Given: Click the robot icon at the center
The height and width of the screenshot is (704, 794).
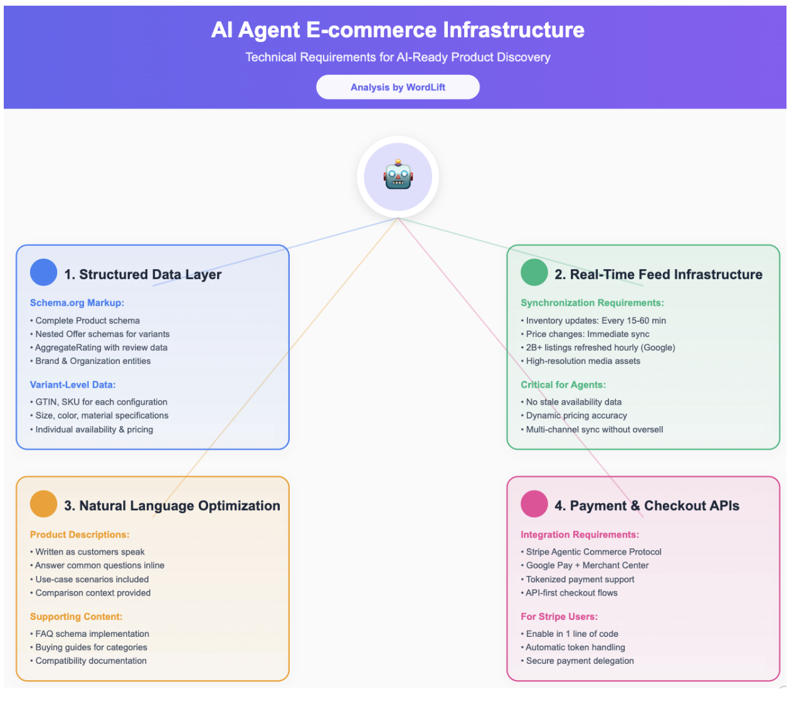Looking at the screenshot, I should point(398,176).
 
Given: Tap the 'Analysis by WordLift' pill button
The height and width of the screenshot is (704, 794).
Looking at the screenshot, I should point(398,87).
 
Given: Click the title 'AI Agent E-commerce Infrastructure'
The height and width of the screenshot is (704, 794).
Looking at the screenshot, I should point(398,29).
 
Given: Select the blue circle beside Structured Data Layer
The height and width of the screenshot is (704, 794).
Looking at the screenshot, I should point(43,273).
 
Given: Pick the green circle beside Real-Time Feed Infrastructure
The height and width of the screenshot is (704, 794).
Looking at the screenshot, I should point(534,273).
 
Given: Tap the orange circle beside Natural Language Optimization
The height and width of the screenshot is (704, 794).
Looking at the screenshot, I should point(43,504).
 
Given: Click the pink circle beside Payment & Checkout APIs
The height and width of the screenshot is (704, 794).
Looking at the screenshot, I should point(534,504).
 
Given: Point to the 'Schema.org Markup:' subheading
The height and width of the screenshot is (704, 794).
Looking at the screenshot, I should point(77,302).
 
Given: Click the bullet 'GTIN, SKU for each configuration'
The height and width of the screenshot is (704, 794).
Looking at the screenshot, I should point(101,402).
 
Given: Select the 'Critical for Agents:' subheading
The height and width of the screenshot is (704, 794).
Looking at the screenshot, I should point(563,385).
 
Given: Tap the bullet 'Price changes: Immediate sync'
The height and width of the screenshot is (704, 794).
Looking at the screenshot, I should point(587,334).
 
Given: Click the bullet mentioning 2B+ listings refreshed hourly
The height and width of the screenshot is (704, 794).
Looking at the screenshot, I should point(600,348).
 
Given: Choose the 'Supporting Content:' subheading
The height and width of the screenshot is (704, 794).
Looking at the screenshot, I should point(76,617).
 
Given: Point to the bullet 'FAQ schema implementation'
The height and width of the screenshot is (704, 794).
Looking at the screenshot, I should point(92,634).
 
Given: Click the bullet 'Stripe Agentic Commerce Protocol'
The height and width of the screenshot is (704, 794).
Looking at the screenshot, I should point(593,552).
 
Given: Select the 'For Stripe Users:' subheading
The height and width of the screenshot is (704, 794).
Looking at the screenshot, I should point(559,617).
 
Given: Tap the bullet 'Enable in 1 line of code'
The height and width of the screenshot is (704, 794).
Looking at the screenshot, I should point(572,634).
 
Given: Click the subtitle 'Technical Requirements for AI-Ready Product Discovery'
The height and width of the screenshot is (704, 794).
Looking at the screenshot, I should point(398,57).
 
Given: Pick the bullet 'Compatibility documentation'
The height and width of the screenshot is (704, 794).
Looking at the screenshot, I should point(91,661).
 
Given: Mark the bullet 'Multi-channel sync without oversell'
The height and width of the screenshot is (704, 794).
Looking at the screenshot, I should point(594,429).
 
